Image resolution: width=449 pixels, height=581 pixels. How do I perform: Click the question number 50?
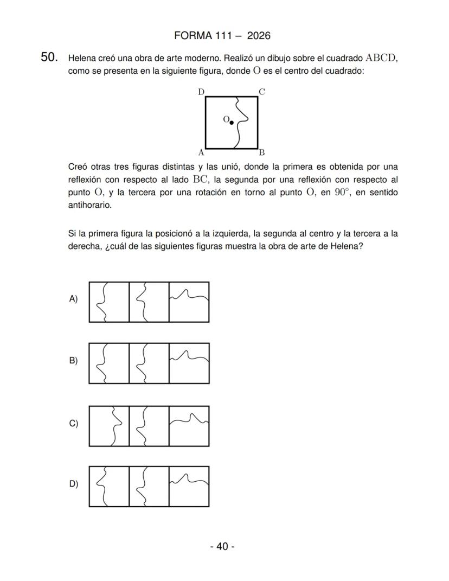point(49,58)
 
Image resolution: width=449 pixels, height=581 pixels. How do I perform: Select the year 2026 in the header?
point(258,36)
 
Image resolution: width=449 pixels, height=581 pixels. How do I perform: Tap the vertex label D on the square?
point(201,92)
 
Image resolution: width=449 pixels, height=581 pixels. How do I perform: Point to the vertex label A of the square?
point(201,152)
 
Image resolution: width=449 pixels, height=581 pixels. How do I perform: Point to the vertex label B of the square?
point(261,152)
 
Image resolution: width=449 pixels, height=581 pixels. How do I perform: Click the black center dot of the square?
point(232,123)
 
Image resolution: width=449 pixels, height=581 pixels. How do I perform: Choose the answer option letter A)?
point(73,298)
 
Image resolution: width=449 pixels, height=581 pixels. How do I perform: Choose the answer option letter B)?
point(73,360)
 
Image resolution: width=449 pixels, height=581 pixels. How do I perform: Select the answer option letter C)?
point(73,423)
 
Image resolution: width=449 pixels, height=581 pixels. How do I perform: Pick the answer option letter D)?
point(73,484)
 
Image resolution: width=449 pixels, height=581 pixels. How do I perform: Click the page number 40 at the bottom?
point(222,546)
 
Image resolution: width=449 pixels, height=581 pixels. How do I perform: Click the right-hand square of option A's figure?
point(189,302)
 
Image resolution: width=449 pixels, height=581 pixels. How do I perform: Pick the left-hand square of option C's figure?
point(109,426)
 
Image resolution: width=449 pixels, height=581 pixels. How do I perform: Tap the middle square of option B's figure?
point(149,363)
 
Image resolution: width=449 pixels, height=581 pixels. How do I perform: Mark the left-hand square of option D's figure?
point(109,487)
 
